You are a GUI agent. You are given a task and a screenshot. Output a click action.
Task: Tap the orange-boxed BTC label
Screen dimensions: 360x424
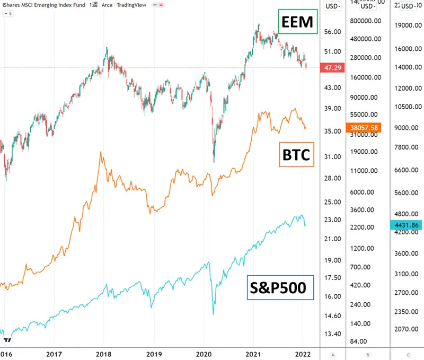pos(296,155)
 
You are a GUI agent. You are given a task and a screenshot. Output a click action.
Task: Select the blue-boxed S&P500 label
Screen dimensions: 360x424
pos(280,287)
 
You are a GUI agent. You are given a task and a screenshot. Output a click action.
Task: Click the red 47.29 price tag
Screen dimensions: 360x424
pos(332,68)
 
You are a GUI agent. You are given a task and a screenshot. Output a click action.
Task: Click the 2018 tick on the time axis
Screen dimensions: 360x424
pos(103,353)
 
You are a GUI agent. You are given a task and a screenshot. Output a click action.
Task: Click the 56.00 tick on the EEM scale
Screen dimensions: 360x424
pos(332,32)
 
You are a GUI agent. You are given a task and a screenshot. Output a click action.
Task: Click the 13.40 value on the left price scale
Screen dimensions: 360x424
pos(332,333)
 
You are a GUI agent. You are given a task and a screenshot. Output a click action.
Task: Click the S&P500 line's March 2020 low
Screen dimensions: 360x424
pos(213,314)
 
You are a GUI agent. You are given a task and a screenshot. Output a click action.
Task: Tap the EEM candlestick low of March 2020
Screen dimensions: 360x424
pos(214,162)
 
